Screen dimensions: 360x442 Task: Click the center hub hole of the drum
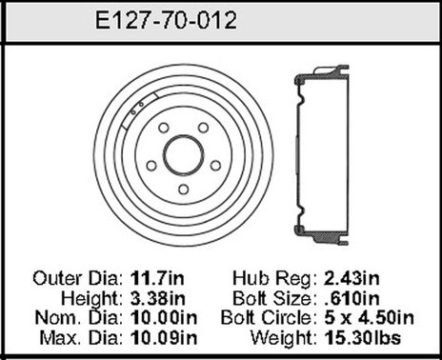click(x=182, y=151)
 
